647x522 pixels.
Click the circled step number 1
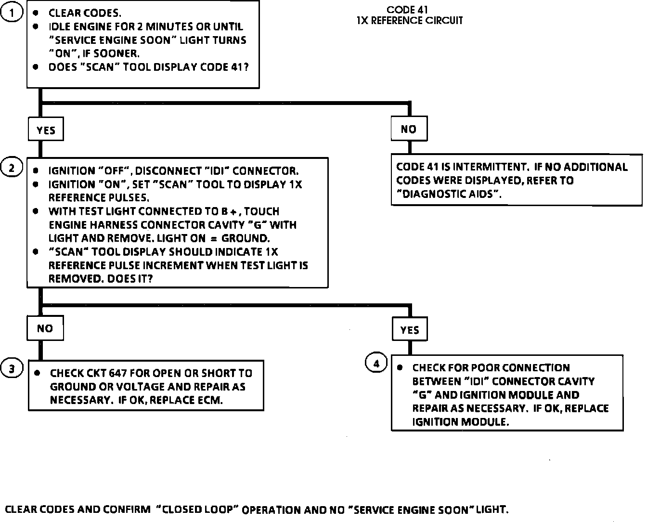click(x=12, y=13)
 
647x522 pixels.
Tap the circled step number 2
click(x=12, y=168)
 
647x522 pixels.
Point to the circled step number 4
click(x=376, y=364)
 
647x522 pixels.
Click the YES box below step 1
click(x=46, y=130)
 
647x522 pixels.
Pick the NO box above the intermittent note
click(x=409, y=129)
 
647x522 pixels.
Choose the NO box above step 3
click(x=45, y=328)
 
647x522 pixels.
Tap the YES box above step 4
click(x=410, y=330)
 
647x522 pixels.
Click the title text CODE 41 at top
click(x=407, y=10)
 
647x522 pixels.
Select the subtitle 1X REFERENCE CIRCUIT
click(x=410, y=21)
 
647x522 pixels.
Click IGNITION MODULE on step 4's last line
click(x=460, y=422)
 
